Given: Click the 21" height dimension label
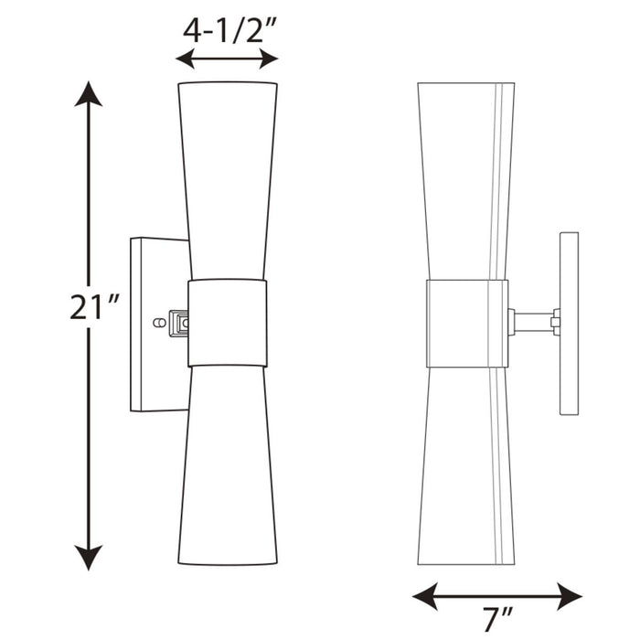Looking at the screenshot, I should click(89, 308).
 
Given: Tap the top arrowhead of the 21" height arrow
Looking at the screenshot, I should click(89, 91).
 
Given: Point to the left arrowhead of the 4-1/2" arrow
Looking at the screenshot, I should click(184, 59).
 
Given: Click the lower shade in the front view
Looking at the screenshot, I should click(227, 466).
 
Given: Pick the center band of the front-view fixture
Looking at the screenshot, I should click(227, 323).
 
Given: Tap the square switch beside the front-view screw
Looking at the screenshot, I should click(180, 322).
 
